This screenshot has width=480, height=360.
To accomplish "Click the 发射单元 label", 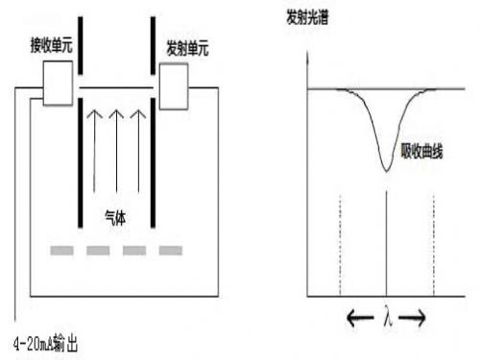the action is pos(186,45).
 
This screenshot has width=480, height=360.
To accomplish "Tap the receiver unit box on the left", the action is pos(57,84).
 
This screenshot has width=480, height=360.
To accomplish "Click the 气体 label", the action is pos(117,219).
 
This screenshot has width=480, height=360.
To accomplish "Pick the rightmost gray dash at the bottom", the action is pos(171,251).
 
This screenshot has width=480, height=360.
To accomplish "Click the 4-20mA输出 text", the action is pos(52,343).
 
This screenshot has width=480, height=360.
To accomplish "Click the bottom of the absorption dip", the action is pos(385,170).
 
